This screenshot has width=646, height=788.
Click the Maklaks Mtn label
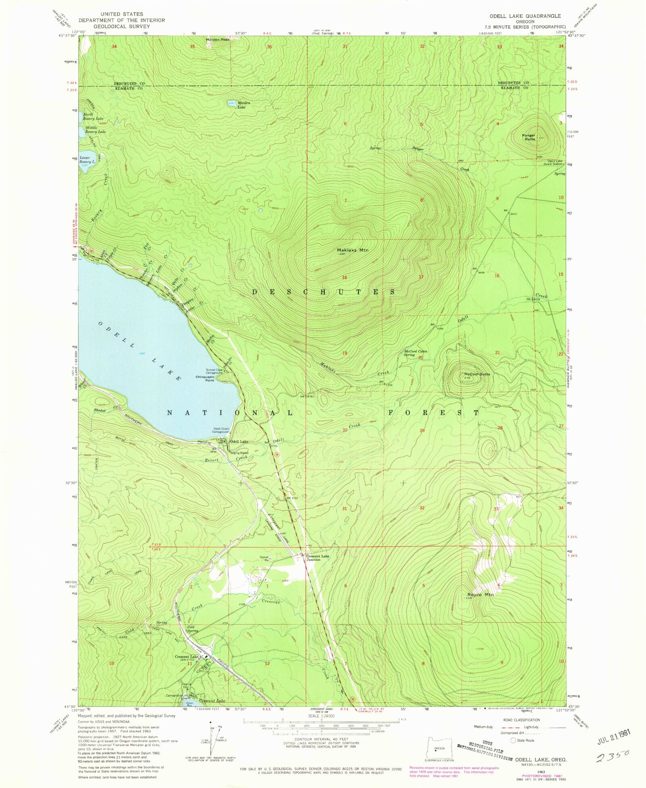click(x=352, y=250)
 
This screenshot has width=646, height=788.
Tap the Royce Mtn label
click(x=480, y=595)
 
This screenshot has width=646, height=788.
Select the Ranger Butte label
click(x=529, y=137)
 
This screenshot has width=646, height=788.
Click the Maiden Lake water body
click(x=232, y=103)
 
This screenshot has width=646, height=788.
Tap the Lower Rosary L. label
click(x=87, y=160)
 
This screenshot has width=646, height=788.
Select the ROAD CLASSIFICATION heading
click(x=521, y=720)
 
